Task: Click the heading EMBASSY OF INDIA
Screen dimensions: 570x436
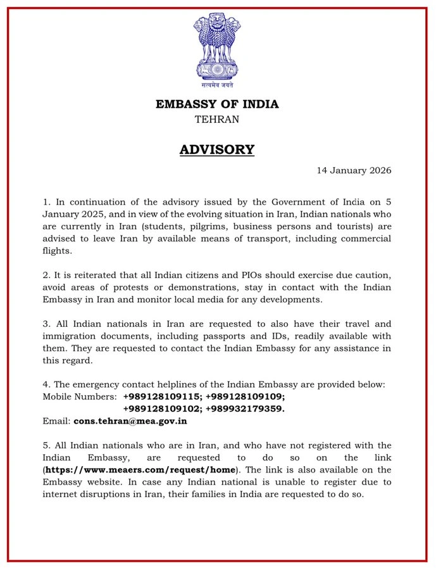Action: click(x=217, y=104)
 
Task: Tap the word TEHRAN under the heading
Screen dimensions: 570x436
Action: click(x=217, y=118)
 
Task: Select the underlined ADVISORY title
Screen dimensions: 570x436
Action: click(x=217, y=149)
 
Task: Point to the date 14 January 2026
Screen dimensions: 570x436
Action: click(x=354, y=170)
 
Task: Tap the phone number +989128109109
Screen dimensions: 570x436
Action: click(x=246, y=396)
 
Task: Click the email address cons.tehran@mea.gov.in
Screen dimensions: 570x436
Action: click(x=130, y=421)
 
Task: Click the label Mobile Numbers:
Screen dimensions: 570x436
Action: click(x=79, y=396)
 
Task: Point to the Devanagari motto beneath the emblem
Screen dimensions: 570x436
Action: click(x=217, y=85)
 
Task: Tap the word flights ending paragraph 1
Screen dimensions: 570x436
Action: click(x=58, y=250)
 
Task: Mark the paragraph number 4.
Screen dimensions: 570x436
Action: click(x=46, y=384)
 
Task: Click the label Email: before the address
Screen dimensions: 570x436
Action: click(x=56, y=421)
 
